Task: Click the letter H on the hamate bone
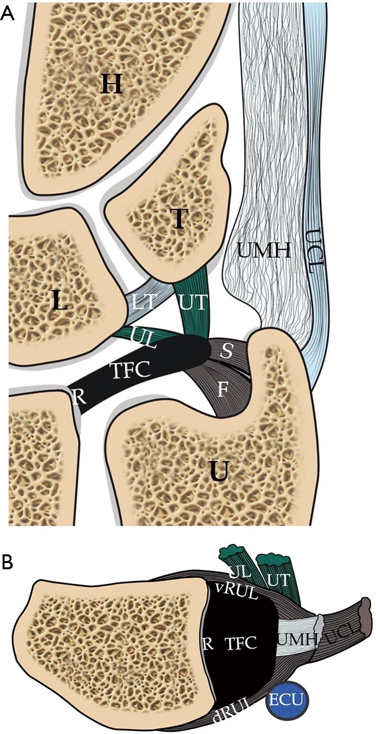(112, 86)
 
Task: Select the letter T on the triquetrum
(178, 219)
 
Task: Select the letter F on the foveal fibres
(222, 389)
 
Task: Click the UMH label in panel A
(264, 250)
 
